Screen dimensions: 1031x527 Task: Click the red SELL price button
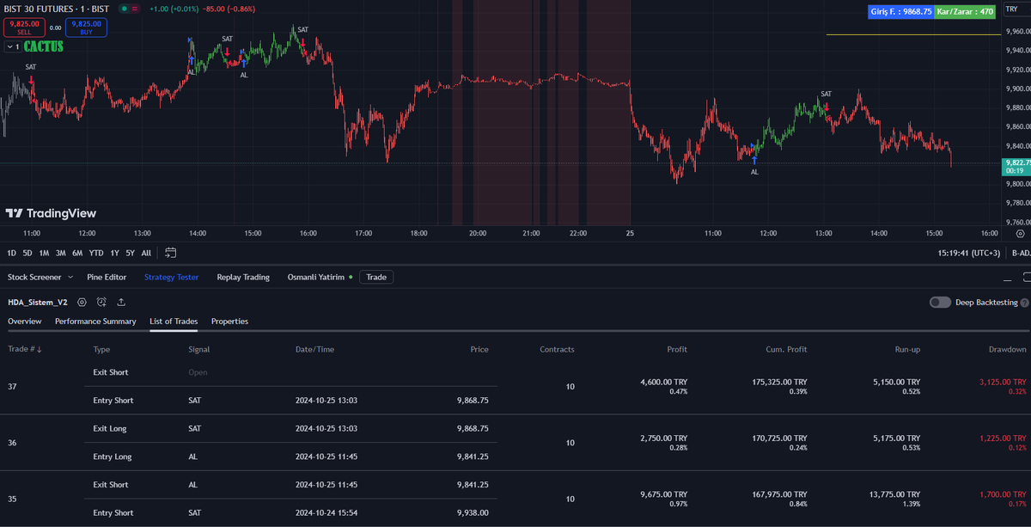tap(24, 28)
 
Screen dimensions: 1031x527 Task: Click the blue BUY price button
tap(86, 28)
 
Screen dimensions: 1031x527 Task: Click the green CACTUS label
tap(43, 46)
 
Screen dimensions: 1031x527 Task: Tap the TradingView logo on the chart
tap(51, 213)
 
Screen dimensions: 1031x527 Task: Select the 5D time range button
tap(27, 253)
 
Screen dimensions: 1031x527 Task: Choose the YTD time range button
tap(95, 253)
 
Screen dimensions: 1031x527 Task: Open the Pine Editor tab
tap(107, 277)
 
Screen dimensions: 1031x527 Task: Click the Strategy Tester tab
tap(171, 277)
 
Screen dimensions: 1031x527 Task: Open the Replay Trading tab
tap(243, 277)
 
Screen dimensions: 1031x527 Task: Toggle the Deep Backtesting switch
tap(940, 303)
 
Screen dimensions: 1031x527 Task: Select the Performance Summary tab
tap(95, 321)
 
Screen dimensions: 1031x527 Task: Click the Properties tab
tap(229, 321)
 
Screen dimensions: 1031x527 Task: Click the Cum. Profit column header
tap(786, 349)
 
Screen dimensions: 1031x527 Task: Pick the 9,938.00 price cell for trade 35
tap(473, 512)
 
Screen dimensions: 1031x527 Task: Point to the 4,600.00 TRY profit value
tap(663, 382)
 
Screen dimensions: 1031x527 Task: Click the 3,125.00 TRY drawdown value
tap(1003, 382)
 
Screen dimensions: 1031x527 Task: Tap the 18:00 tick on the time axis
tap(418, 233)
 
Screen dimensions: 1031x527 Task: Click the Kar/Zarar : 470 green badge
tap(965, 11)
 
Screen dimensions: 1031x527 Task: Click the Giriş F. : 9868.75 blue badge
tap(900, 11)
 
